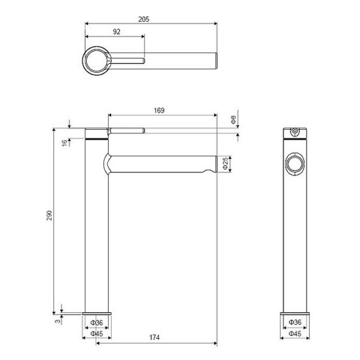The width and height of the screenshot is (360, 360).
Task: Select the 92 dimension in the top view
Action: [x=117, y=31]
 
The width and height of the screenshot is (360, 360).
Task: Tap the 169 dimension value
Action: [x=159, y=110]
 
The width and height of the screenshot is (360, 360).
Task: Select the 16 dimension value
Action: [x=64, y=142]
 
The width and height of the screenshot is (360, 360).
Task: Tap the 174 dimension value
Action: [x=155, y=338]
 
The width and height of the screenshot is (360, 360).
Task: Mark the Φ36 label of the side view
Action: [x=295, y=323]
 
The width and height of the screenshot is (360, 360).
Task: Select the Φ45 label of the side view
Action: [x=295, y=334]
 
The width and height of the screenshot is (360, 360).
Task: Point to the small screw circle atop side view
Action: [x=295, y=132]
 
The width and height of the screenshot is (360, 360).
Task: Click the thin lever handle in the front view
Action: [x=127, y=130]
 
